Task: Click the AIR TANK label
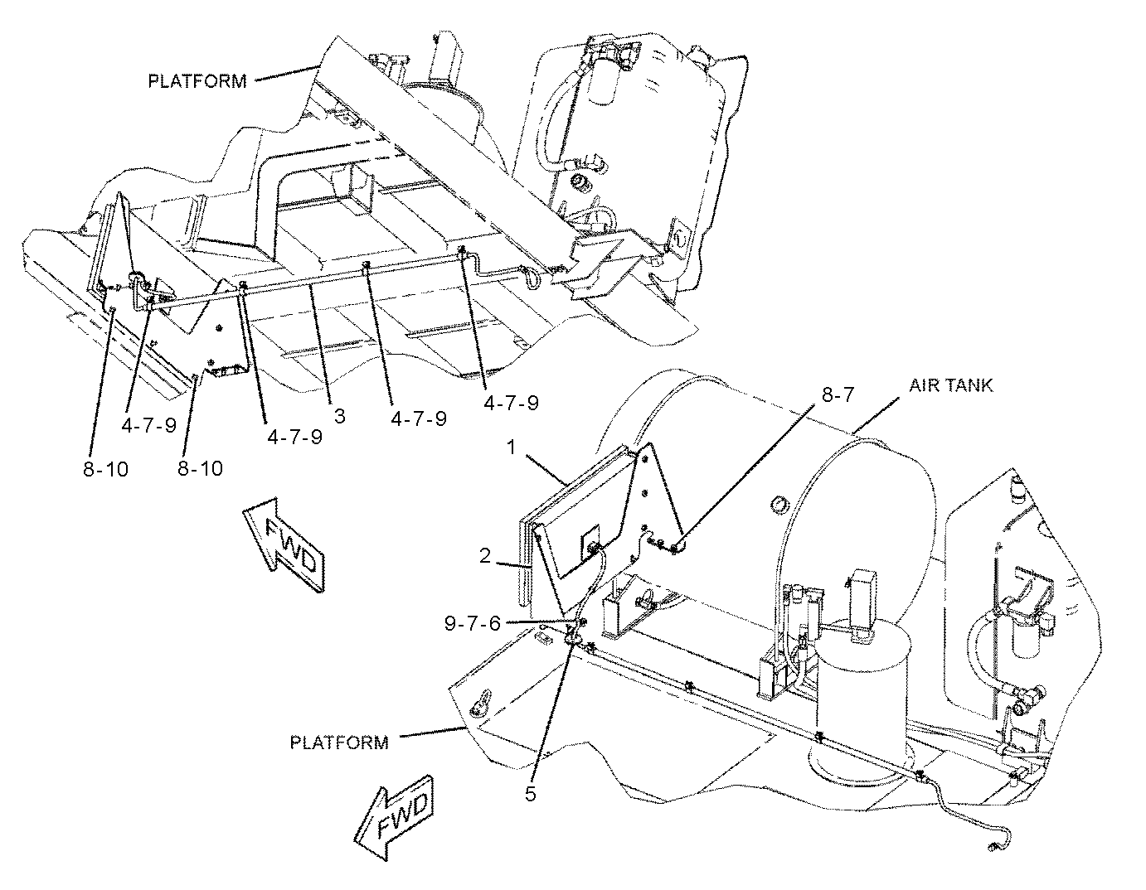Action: tap(949, 385)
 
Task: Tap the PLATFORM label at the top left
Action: tap(197, 81)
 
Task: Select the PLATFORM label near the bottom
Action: tap(338, 742)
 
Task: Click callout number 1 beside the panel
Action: tap(512, 447)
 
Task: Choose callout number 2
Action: tap(487, 556)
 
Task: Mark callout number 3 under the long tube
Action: tap(338, 417)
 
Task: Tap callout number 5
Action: tap(530, 793)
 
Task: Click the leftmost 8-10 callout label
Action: tap(105, 468)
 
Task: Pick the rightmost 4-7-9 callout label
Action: tap(511, 403)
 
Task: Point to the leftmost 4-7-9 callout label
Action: tap(148, 425)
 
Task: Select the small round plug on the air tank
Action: tap(778, 504)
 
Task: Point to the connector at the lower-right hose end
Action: tap(993, 847)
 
